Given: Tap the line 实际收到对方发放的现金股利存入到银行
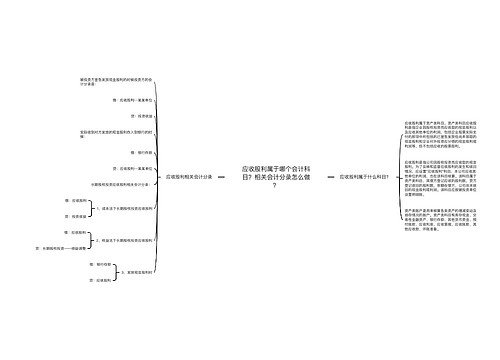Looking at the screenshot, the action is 116,134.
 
